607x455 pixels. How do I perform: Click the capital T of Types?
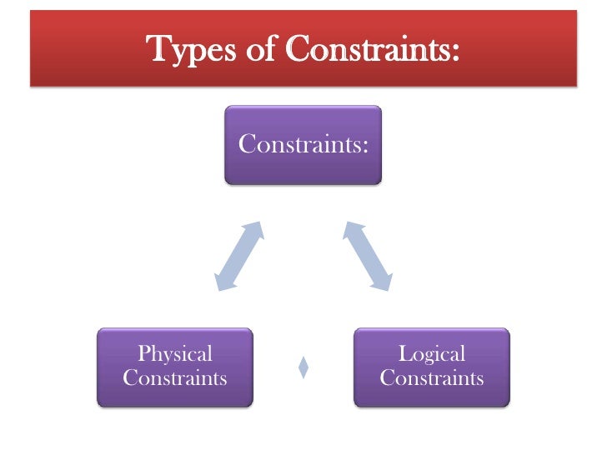tap(159, 50)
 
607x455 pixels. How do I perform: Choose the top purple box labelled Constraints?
tap(303, 144)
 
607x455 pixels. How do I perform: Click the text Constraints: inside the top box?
tap(303, 144)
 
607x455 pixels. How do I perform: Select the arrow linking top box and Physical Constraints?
tap(240, 256)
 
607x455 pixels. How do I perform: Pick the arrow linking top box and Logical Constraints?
tap(367, 256)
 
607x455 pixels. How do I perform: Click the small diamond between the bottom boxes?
tap(303, 367)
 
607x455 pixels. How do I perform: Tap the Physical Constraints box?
tap(175, 367)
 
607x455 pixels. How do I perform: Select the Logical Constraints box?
tap(431, 367)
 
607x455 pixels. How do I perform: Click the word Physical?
tap(175, 354)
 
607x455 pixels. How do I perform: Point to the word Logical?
tap(431, 354)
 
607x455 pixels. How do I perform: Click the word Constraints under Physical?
tap(175, 379)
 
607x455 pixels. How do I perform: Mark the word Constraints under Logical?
tap(431, 379)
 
